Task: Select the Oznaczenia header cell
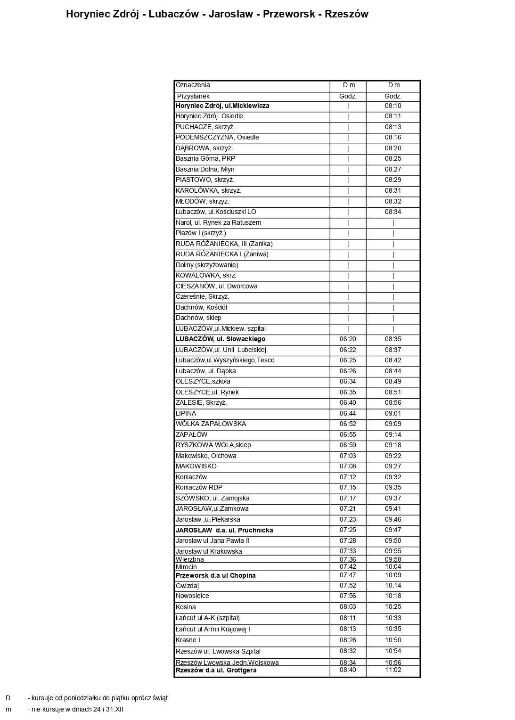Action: click(x=193, y=85)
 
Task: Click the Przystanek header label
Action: click(x=193, y=96)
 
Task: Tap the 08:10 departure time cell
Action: click(x=393, y=106)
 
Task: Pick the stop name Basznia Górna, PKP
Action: click(x=205, y=159)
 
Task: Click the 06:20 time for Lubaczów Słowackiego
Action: click(x=348, y=339)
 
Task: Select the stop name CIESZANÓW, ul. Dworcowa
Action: click(x=216, y=286)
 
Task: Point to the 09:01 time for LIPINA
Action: click(x=393, y=413)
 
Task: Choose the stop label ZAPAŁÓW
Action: click(x=191, y=434)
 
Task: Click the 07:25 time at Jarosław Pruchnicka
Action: click(x=348, y=530)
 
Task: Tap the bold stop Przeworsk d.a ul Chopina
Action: click(x=215, y=575)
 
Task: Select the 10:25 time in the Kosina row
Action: click(x=393, y=607)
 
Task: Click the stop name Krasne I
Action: click(x=188, y=640)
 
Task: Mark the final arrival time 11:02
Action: click(x=393, y=670)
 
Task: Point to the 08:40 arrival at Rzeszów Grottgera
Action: click(x=348, y=670)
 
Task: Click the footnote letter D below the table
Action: click(x=8, y=698)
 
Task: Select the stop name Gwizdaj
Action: click(x=187, y=586)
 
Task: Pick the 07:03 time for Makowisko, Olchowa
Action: click(x=348, y=456)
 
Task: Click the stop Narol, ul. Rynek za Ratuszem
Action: click(x=218, y=222)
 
